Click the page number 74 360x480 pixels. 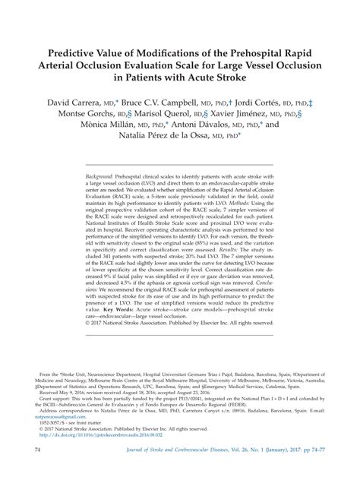[36, 450]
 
